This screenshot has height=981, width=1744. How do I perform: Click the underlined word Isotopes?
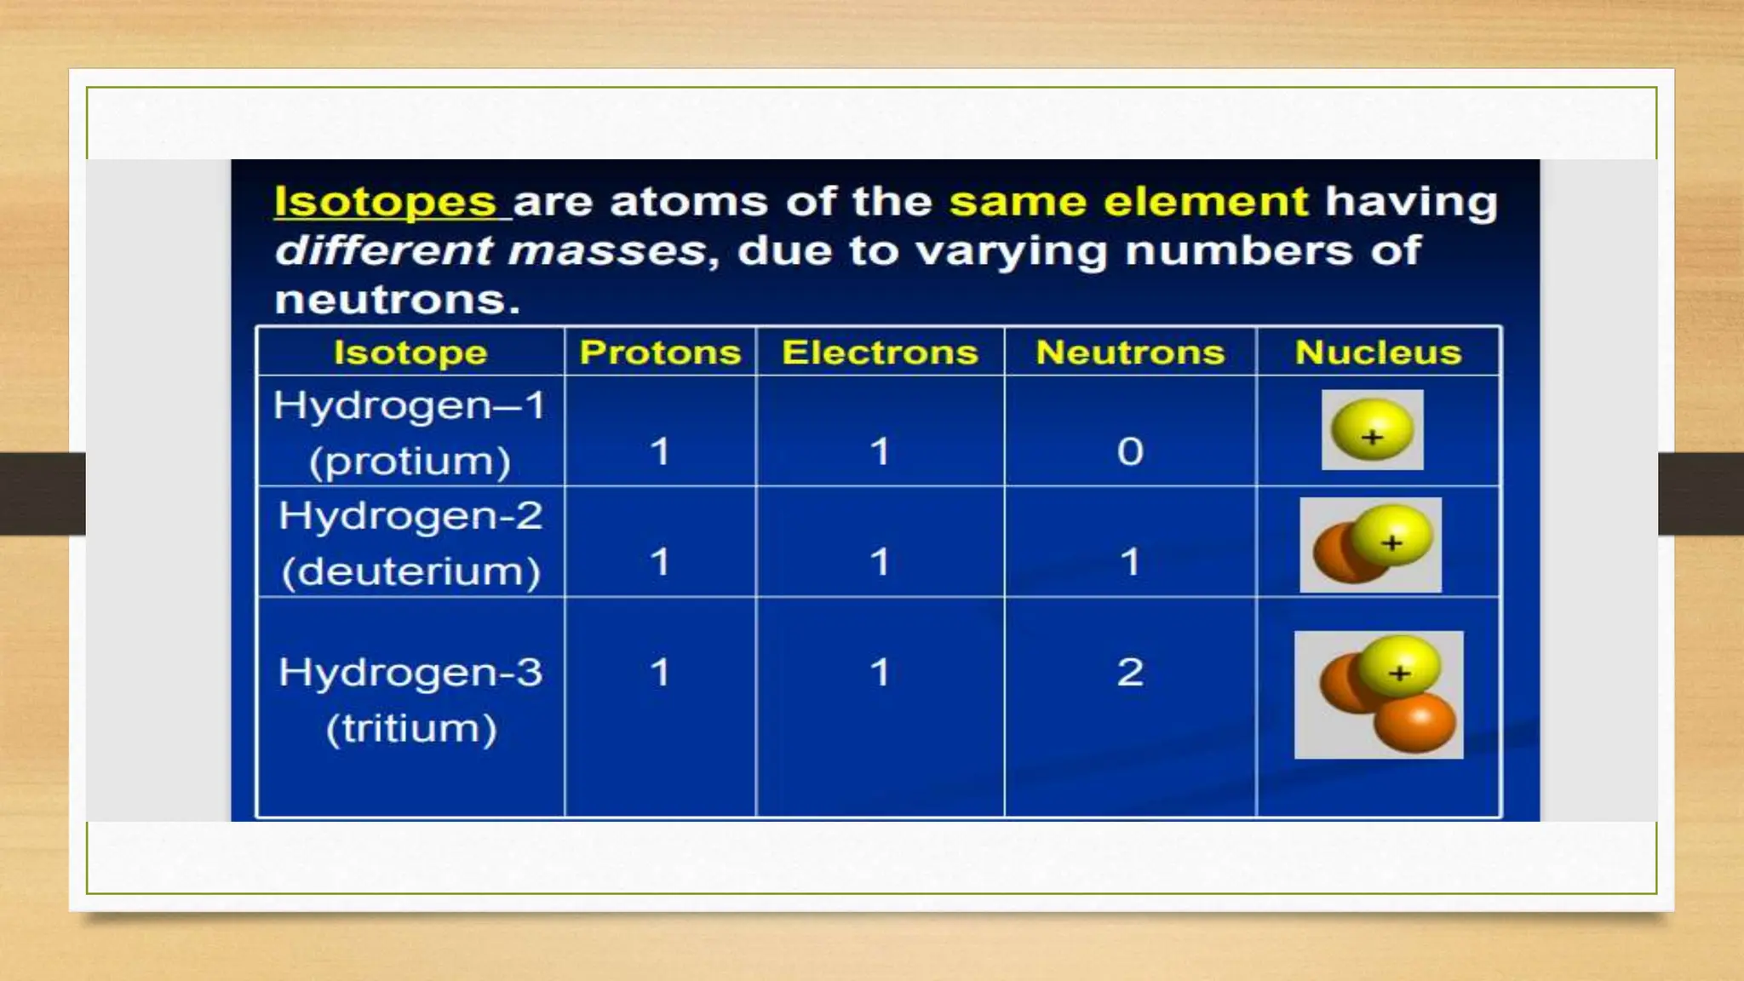[385, 202]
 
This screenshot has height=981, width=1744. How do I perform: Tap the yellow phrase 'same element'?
[1128, 202]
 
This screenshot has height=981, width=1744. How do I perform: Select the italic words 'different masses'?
[490, 251]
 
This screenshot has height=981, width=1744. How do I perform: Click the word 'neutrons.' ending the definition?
[397, 300]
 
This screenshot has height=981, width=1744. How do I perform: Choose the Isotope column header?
[410, 352]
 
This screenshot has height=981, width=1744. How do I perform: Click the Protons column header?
[660, 352]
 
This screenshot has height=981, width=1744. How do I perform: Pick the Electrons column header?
[880, 352]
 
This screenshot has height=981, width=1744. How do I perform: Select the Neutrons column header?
[1130, 352]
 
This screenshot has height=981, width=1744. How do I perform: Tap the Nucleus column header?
[1378, 352]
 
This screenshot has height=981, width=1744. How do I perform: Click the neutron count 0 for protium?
[1130, 450]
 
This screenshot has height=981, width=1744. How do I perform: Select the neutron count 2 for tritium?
[1130, 672]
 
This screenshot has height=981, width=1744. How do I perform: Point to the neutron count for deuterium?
[1130, 562]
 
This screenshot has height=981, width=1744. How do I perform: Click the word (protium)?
[410, 462]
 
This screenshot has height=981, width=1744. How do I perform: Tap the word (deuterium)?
[410, 571]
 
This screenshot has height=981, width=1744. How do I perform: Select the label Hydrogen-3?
[410, 672]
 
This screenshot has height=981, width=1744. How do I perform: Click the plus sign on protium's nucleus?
[1372, 438]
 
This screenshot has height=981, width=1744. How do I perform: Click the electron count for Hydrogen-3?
[880, 672]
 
